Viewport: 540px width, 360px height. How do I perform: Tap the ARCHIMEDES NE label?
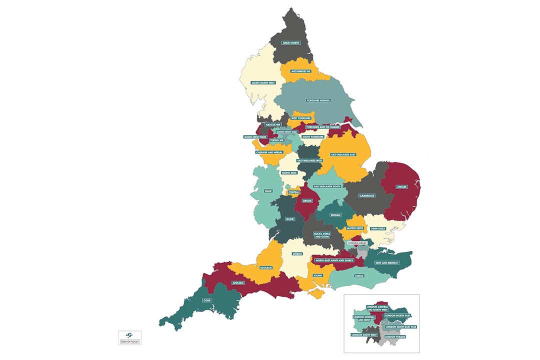click(304, 71)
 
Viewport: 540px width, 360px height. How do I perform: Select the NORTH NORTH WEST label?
click(263, 82)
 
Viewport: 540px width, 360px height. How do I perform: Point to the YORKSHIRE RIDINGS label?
click(318, 100)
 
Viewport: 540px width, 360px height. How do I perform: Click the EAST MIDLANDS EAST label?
click(343, 154)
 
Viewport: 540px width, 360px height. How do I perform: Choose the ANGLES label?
click(402, 187)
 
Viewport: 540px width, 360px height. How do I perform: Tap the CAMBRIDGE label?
click(366, 195)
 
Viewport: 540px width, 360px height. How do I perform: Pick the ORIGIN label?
click(307, 201)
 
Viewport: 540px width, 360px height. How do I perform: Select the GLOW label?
click(290, 219)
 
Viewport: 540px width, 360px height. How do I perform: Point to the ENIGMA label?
click(335, 215)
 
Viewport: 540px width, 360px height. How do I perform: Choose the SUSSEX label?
click(359, 275)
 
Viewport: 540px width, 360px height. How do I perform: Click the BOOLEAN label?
click(265, 268)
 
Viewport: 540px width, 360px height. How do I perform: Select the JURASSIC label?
click(238, 283)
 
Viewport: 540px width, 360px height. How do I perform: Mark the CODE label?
click(207, 300)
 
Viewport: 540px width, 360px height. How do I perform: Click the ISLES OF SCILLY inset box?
click(130, 337)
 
